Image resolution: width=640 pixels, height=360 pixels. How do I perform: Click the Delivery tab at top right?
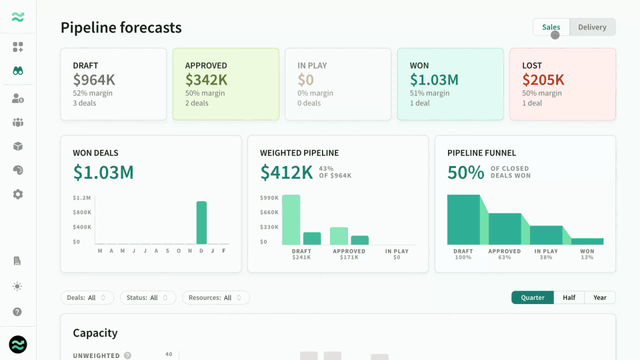click(x=592, y=27)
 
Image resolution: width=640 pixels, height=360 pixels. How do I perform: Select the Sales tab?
click(x=551, y=27)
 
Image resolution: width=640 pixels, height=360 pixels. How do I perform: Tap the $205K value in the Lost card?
click(x=543, y=79)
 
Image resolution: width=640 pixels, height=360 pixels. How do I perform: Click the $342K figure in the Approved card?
click(x=206, y=79)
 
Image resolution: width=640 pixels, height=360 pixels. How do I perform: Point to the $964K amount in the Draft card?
click(x=94, y=79)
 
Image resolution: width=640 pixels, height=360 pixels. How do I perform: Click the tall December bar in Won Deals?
click(x=201, y=223)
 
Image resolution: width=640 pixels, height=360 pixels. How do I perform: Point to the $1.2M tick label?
click(x=81, y=198)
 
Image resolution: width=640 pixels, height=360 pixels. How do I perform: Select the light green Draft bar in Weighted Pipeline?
click(x=291, y=219)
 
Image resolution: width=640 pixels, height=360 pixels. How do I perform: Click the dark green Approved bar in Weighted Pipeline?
click(x=359, y=240)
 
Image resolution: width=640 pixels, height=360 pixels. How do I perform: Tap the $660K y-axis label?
click(x=269, y=212)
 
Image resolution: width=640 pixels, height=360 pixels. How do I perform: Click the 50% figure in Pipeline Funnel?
click(x=466, y=172)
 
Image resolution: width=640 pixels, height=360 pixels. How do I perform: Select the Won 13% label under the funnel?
click(x=587, y=254)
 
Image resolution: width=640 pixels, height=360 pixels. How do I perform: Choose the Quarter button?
click(x=532, y=297)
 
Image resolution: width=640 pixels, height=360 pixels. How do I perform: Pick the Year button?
click(x=599, y=297)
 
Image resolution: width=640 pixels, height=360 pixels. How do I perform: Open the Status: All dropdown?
click(x=148, y=297)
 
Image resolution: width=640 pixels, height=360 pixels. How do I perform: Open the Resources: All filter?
click(x=215, y=297)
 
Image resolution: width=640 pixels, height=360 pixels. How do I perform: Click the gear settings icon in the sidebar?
click(x=17, y=194)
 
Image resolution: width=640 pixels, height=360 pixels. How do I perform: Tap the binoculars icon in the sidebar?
click(x=17, y=71)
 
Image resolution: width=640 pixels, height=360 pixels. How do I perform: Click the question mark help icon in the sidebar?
click(x=17, y=312)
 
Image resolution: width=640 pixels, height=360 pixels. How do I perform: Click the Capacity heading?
click(x=95, y=333)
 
